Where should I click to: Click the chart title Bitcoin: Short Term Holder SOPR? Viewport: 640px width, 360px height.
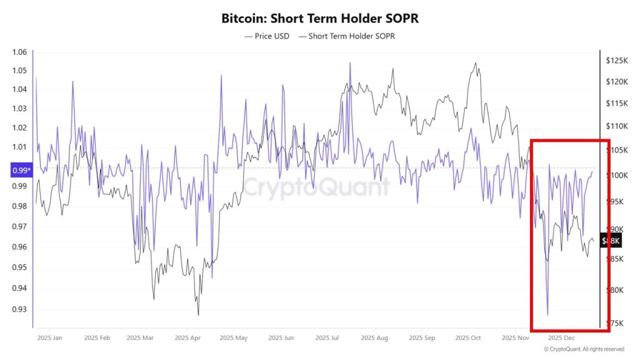coord(320,19)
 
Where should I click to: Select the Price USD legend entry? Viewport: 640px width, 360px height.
coord(267,36)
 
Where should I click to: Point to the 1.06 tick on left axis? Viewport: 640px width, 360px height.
coord(20,52)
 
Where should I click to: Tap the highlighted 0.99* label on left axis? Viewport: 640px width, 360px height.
coord(20,169)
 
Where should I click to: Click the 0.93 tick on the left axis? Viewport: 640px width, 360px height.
coord(20,309)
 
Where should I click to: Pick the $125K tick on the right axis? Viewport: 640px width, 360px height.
coord(617,61)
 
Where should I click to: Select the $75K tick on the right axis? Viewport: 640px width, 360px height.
coord(616,323)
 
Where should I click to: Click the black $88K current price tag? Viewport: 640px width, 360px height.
coord(611,241)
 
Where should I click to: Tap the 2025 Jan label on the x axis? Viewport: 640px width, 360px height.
coord(49,338)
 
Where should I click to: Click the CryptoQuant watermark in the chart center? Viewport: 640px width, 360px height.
coord(316,187)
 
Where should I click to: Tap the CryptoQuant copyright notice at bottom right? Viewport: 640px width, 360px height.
coord(583,349)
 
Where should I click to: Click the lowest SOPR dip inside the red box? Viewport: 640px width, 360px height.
coord(547,315)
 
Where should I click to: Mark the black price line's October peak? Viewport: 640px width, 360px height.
coord(476,63)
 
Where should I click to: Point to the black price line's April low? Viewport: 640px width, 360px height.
coord(198,315)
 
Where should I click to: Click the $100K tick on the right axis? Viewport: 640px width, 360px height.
coord(617,176)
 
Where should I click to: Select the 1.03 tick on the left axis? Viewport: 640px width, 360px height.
coord(20,109)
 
